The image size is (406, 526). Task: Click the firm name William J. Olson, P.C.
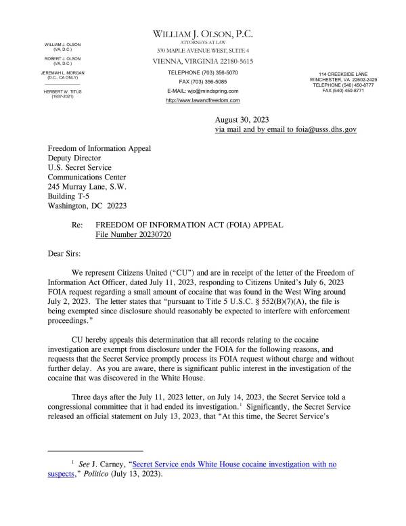[203, 34]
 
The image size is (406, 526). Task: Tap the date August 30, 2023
[242, 119]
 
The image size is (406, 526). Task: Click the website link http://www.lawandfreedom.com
[203, 100]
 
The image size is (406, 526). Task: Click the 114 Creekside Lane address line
[344, 73]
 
